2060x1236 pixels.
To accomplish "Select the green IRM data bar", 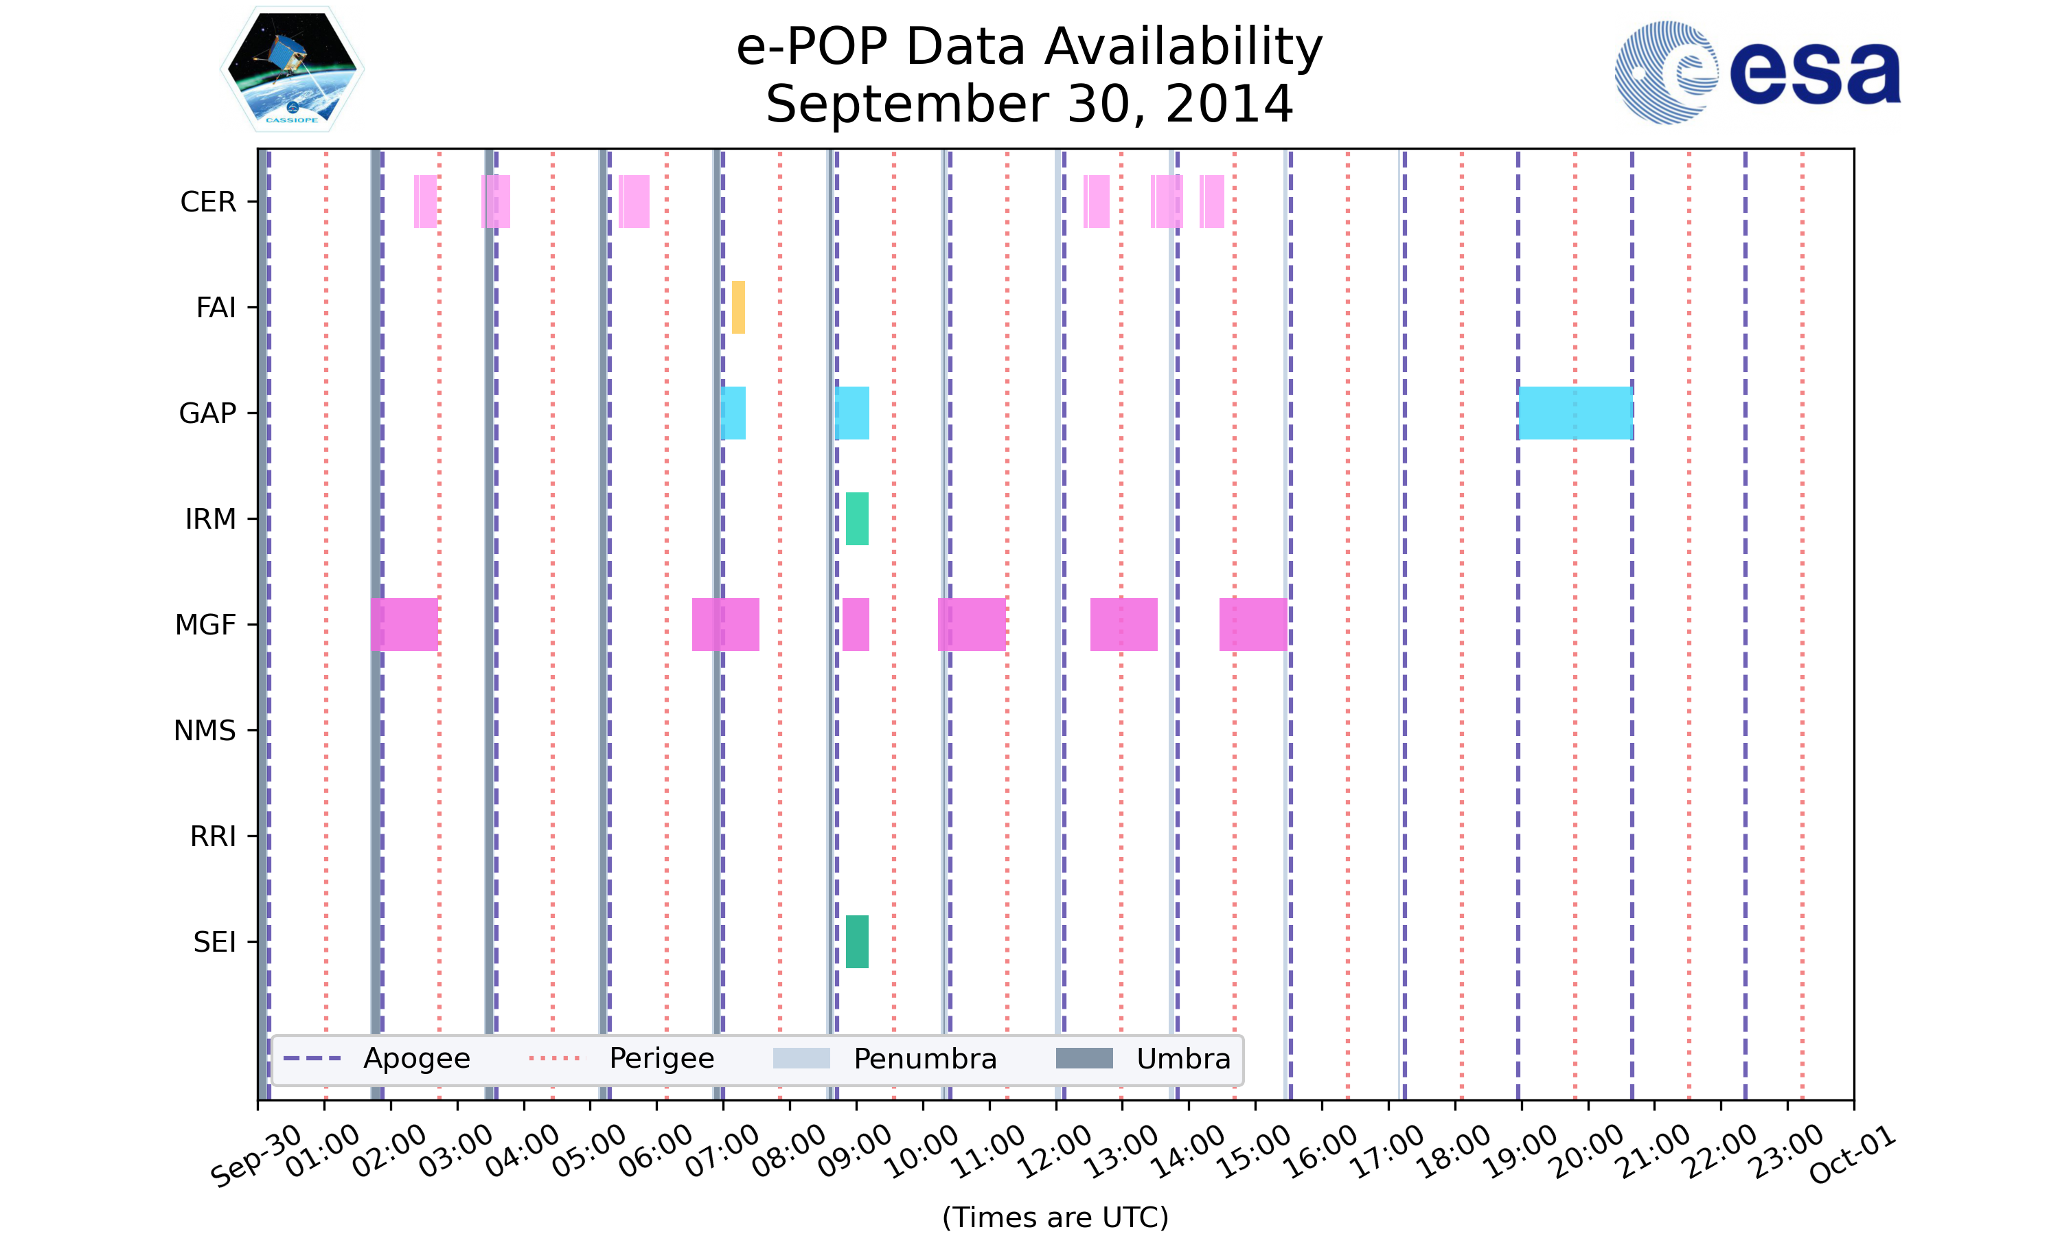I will tap(857, 519).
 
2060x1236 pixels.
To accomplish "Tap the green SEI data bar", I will tap(857, 942).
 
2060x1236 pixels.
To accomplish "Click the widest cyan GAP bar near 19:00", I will tap(1575, 413).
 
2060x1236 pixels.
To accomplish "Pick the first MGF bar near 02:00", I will tap(404, 625).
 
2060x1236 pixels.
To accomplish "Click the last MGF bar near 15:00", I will tap(1253, 625).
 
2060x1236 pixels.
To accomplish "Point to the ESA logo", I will tap(1757, 73).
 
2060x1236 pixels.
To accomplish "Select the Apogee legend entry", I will tap(378, 1059).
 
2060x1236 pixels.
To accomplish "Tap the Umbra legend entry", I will tap(1144, 1059).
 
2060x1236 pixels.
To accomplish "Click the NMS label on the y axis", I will tap(205, 731).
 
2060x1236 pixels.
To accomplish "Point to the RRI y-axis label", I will tap(213, 836).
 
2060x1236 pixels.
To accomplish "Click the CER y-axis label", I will tap(208, 202).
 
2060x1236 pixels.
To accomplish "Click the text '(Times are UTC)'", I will tap(1055, 1217).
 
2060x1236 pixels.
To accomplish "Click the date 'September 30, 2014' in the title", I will tap(1029, 104).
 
